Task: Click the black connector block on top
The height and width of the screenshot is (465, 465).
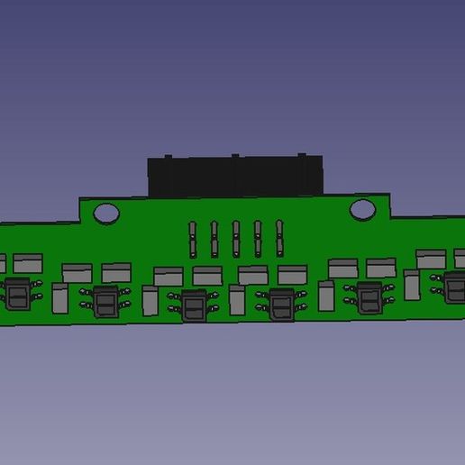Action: [x=235, y=176]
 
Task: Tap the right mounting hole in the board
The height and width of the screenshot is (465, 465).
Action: [x=362, y=210]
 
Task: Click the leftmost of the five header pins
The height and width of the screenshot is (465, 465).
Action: [x=193, y=239]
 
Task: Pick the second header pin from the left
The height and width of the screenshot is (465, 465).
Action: [x=214, y=239]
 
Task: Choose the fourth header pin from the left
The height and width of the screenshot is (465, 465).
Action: [x=258, y=239]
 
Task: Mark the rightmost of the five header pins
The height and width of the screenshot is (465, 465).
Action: [x=279, y=239]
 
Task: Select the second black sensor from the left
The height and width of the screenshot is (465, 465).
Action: [x=106, y=302]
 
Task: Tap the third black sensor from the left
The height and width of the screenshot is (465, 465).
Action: [x=193, y=305]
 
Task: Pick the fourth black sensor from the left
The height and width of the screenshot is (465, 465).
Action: [x=280, y=305]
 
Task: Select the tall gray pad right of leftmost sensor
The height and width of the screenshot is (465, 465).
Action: [x=60, y=298]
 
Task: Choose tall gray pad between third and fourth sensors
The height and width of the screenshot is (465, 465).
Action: [x=237, y=300]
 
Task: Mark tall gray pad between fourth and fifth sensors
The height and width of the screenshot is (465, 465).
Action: [x=326, y=296]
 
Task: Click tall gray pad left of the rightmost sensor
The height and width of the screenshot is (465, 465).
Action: [x=412, y=286]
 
